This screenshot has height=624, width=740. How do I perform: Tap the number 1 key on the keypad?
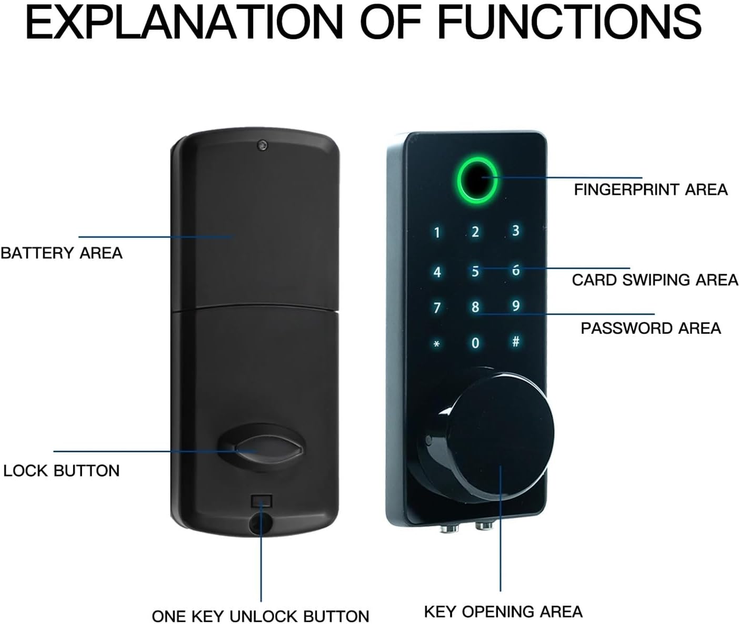(x=437, y=233)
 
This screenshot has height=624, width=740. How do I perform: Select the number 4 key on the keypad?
(x=437, y=272)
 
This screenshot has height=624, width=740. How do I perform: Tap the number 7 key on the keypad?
(x=437, y=307)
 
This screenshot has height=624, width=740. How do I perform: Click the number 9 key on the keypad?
(x=516, y=305)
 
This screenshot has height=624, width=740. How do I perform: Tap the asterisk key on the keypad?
(x=437, y=343)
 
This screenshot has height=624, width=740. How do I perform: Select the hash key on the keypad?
(x=516, y=341)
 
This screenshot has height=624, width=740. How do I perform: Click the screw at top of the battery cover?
(x=262, y=145)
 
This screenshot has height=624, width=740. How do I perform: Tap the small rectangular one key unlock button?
(x=261, y=501)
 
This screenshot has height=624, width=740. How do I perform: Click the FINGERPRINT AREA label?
(x=651, y=190)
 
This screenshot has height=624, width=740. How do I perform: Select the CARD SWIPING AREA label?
(x=655, y=280)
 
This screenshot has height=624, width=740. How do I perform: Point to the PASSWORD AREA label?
(x=651, y=328)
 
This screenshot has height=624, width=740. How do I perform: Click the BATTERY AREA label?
(x=61, y=253)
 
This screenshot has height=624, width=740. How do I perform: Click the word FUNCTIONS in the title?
(x=569, y=22)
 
